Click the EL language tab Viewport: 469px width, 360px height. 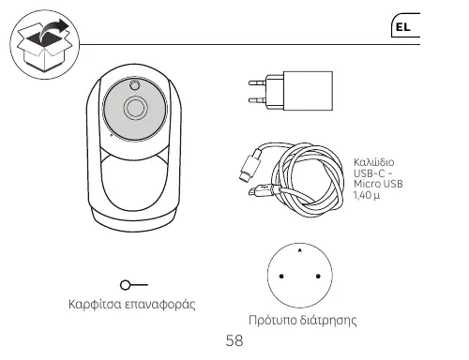point(405,25)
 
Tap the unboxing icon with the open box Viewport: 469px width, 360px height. point(45,45)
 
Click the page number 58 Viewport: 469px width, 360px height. point(234,340)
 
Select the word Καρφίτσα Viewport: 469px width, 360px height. point(95,304)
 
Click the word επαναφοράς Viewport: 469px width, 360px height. point(160,305)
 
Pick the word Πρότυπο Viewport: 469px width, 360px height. point(272,320)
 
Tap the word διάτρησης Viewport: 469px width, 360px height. point(328,320)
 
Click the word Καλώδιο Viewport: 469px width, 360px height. point(373,162)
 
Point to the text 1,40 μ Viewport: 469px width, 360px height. point(367,195)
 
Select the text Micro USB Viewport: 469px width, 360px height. point(378,184)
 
